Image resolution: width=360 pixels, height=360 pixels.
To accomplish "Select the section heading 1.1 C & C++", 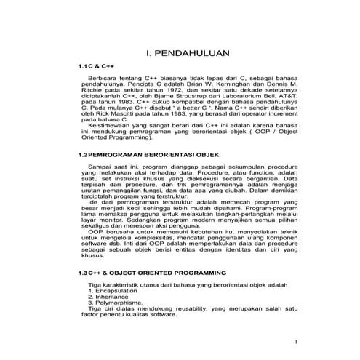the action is tap(95, 66).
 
